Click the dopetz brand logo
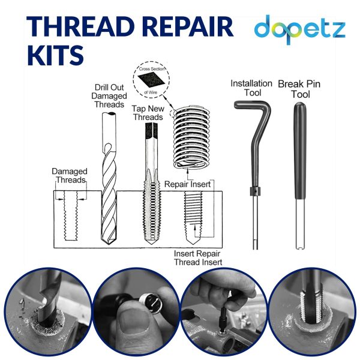click(300, 29)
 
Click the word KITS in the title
click(56, 55)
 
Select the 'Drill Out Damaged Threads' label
click(109, 96)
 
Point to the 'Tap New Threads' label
click(148, 113)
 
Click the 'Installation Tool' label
click(251, 88)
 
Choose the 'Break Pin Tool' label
click(299, 89)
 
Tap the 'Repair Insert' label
click(187, 184)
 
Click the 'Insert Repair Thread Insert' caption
click(198, 258)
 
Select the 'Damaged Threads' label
click(70, 176)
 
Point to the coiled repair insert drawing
click(191, 137)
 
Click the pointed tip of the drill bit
click(109, 244)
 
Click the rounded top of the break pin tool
click(300, 106)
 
